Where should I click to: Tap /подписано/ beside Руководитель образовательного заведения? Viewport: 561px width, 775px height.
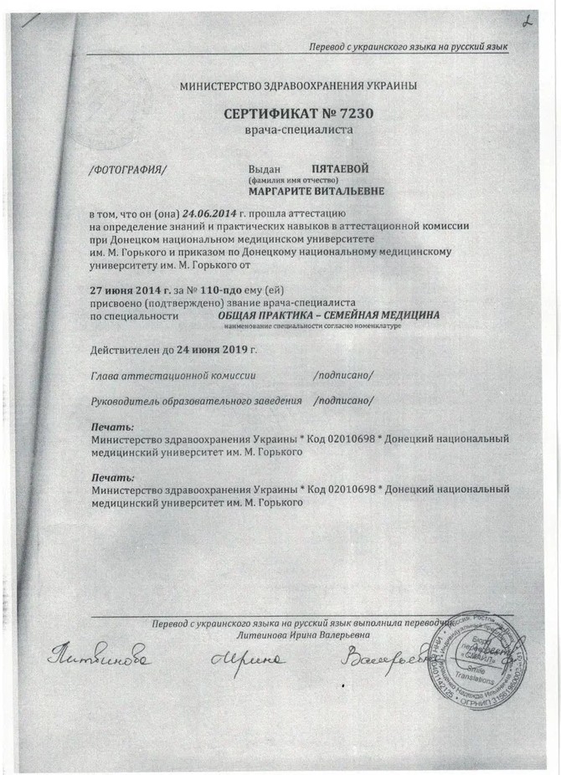click(x=343, y=401)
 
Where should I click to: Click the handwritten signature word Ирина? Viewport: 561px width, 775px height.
click(x=252, y=661)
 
